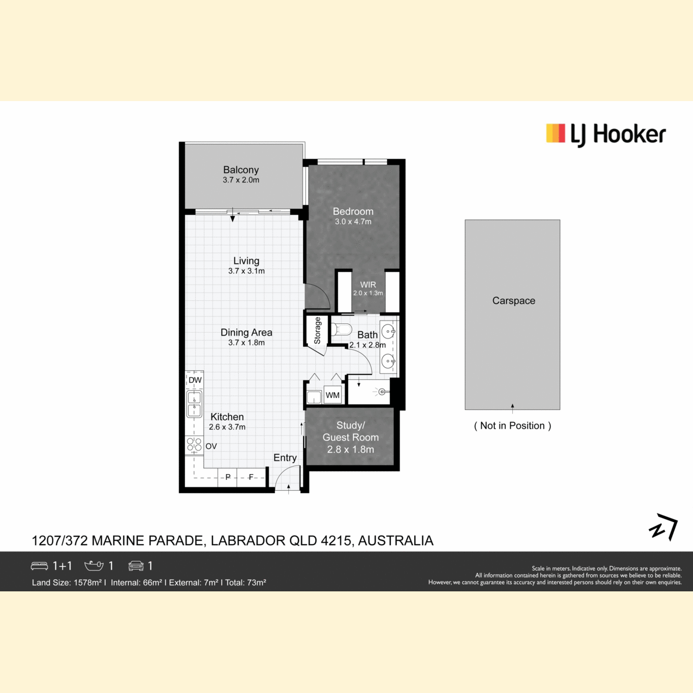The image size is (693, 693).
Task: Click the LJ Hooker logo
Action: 606,135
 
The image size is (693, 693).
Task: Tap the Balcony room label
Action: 241,170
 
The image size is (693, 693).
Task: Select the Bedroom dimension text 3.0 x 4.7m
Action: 353,222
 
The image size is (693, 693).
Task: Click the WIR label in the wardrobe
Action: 368,285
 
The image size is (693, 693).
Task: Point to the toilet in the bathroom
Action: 341,329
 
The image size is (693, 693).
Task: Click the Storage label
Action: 317,330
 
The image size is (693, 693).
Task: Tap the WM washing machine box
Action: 332,395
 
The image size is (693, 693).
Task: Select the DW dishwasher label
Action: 195,380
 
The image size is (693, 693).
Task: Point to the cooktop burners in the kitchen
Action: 194,445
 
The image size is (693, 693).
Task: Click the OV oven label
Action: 211,446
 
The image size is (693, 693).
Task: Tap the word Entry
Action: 285,458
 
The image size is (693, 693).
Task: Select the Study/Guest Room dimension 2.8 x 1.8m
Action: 351,449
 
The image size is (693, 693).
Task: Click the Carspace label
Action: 513,301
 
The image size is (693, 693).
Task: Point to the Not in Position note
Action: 512,426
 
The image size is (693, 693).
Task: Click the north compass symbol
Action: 664,527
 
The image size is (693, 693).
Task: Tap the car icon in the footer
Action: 136,566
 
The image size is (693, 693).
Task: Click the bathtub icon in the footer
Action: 94,566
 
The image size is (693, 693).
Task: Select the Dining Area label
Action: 247,332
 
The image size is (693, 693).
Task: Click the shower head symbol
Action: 381,392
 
